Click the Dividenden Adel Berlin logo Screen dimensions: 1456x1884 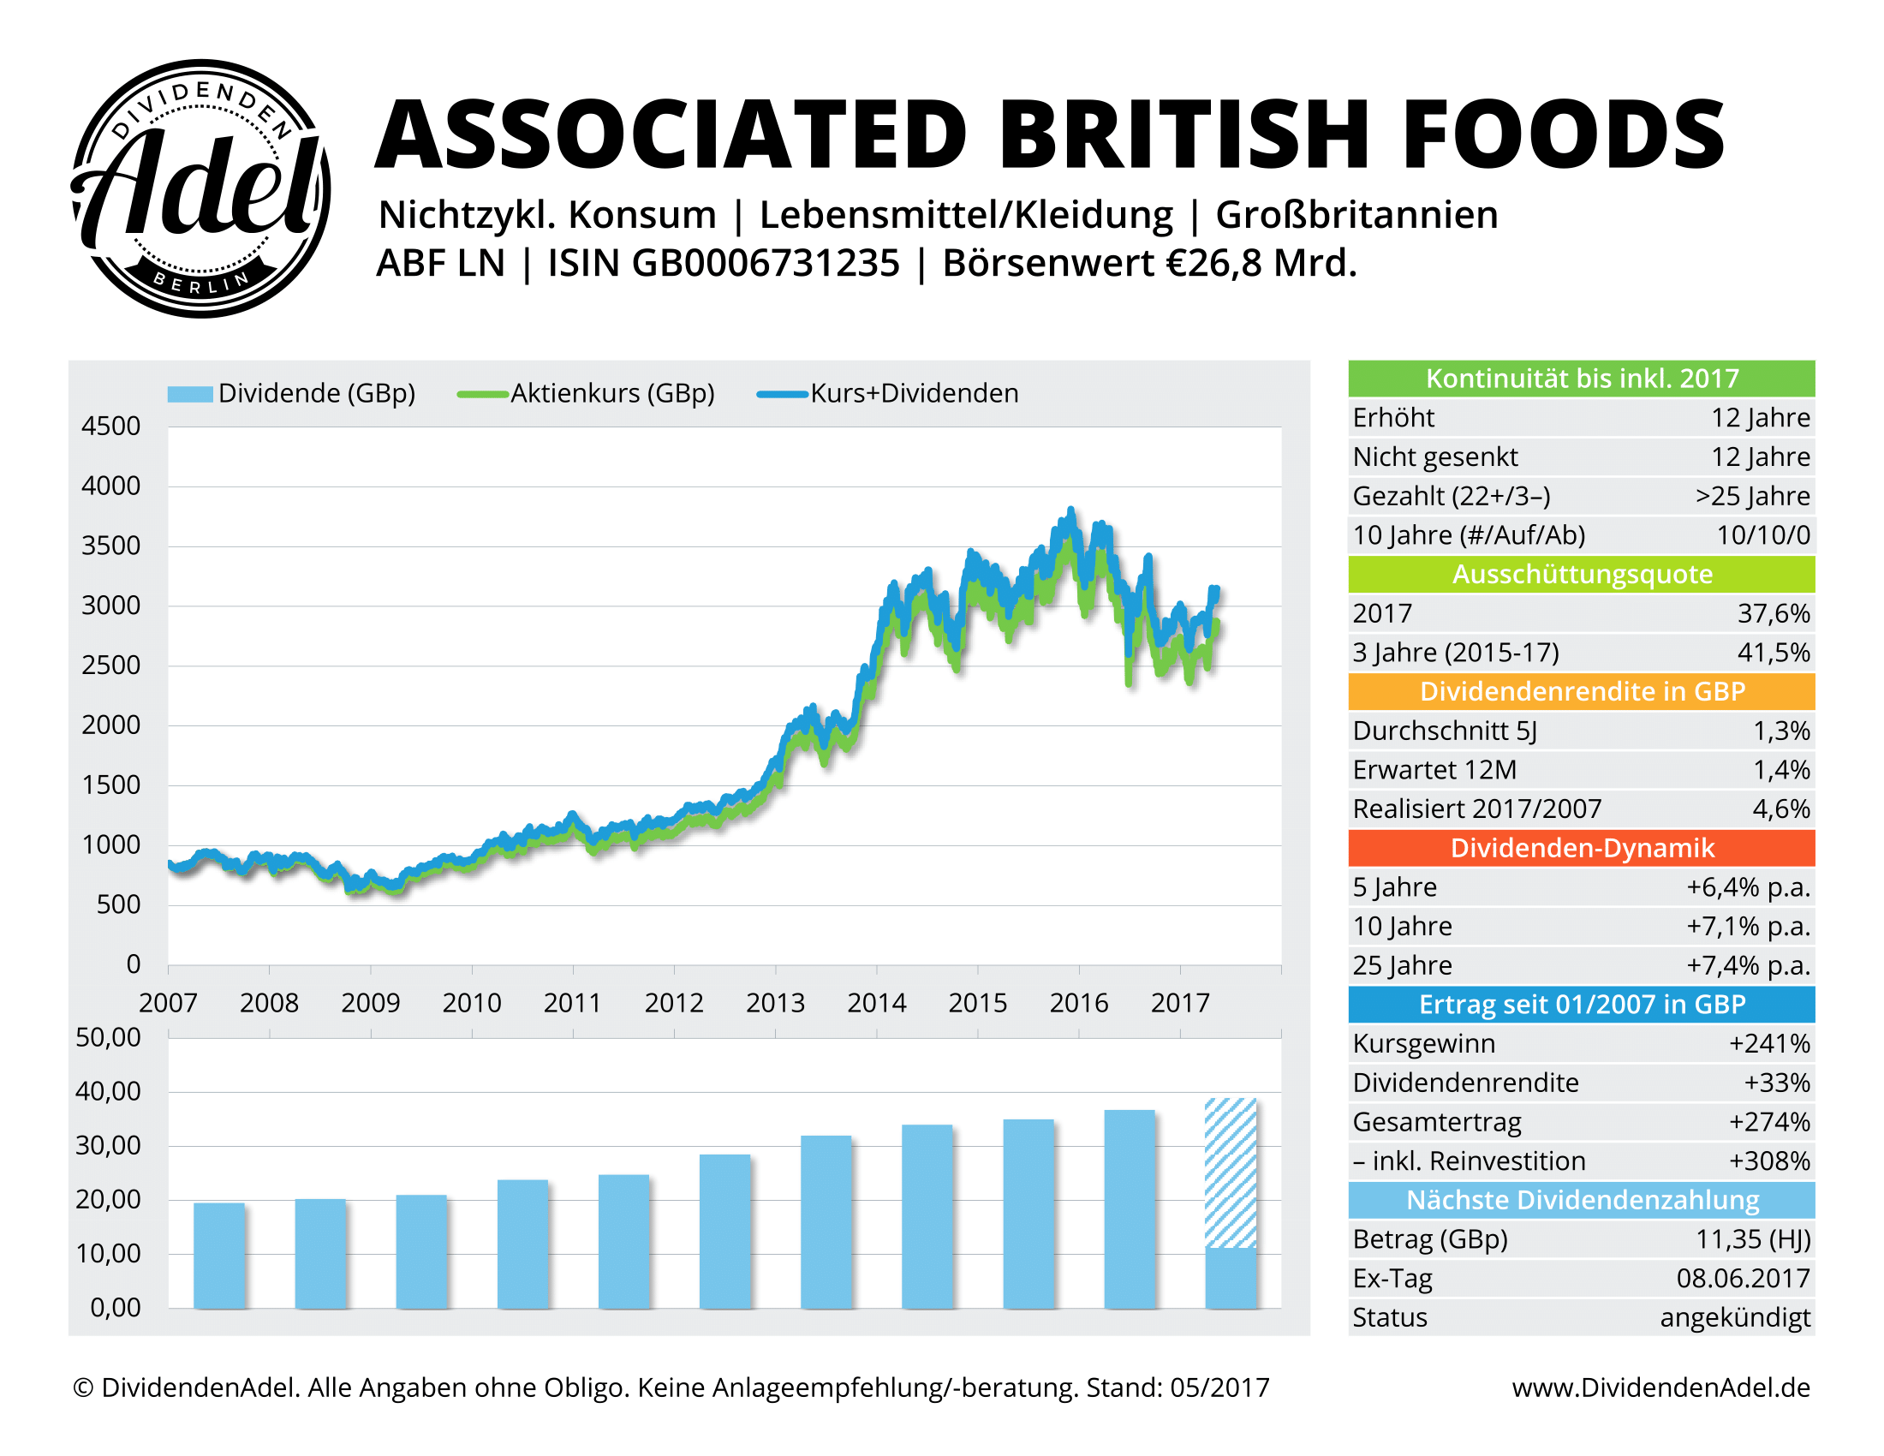point(200,188)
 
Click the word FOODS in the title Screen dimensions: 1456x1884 point(1562,135)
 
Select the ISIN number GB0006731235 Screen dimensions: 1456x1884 point(765,263)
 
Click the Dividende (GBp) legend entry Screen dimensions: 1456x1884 point(291,393)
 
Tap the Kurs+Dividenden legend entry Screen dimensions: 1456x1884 point(889,393)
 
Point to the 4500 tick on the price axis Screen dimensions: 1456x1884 point(110,427)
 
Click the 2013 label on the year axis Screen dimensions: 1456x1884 point(775,1002)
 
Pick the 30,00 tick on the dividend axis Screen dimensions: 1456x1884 point(109,1145)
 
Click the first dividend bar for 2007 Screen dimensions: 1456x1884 point(219,1255)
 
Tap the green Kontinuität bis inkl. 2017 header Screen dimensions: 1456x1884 point(1580,379)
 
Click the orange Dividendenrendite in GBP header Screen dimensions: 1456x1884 point(1580,692)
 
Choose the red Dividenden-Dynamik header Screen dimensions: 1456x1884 point(1580,848)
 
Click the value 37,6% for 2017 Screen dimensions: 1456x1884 point(1773,613)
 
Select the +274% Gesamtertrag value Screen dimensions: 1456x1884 point(1768,1121)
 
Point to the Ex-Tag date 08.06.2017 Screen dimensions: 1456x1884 point(1743,1279)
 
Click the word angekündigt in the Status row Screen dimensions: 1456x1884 point(1734,1318)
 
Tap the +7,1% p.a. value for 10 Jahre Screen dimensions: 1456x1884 point(1748,927)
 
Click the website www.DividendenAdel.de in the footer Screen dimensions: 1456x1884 point(1660,1387)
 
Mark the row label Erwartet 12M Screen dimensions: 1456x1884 point(1434,770)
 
